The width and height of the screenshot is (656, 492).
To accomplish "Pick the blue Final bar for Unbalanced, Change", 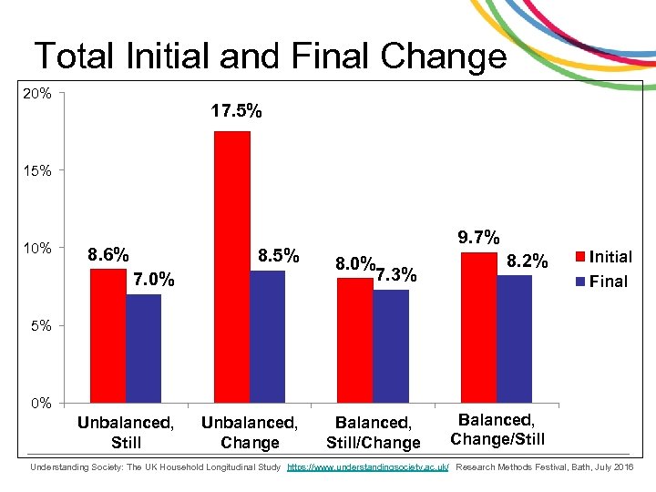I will [267, 336].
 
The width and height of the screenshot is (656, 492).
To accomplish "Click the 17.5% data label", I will [236, 112].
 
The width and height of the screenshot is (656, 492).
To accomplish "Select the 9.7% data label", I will [479, 238].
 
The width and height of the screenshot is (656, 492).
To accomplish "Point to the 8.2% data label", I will [528, 262].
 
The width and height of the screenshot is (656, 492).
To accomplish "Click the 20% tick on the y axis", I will [38, 93].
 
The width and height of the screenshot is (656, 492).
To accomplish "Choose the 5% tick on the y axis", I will [42, 325].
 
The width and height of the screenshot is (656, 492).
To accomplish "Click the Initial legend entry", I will [610, 257].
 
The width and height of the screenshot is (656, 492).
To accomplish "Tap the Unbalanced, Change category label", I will [249, 433].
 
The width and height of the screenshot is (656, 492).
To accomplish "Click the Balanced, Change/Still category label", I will [497, 430].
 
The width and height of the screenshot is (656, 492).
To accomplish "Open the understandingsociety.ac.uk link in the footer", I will [367, 467].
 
